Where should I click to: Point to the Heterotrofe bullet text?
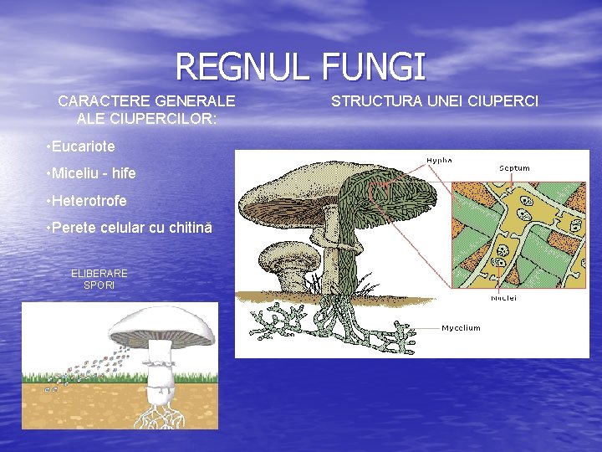(x=89, y=201)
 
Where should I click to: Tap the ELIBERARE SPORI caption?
(x=99, y=279)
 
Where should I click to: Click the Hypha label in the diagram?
(x=440, y=160)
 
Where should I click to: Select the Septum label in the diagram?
(x=514, y=168)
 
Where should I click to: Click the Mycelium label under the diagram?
(x=461, y=327)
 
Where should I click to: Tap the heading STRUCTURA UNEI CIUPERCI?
(x=435, y=102)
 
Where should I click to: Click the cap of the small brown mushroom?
(x=289, y=254)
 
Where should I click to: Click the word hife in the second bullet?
(x=122, y=174)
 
